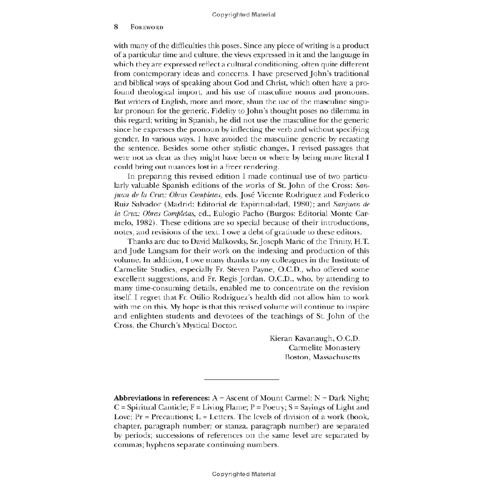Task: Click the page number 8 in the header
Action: [116, 27]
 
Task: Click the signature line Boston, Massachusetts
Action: [323, 357]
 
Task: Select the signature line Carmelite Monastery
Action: [324, 348]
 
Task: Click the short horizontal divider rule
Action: [241, 379]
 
